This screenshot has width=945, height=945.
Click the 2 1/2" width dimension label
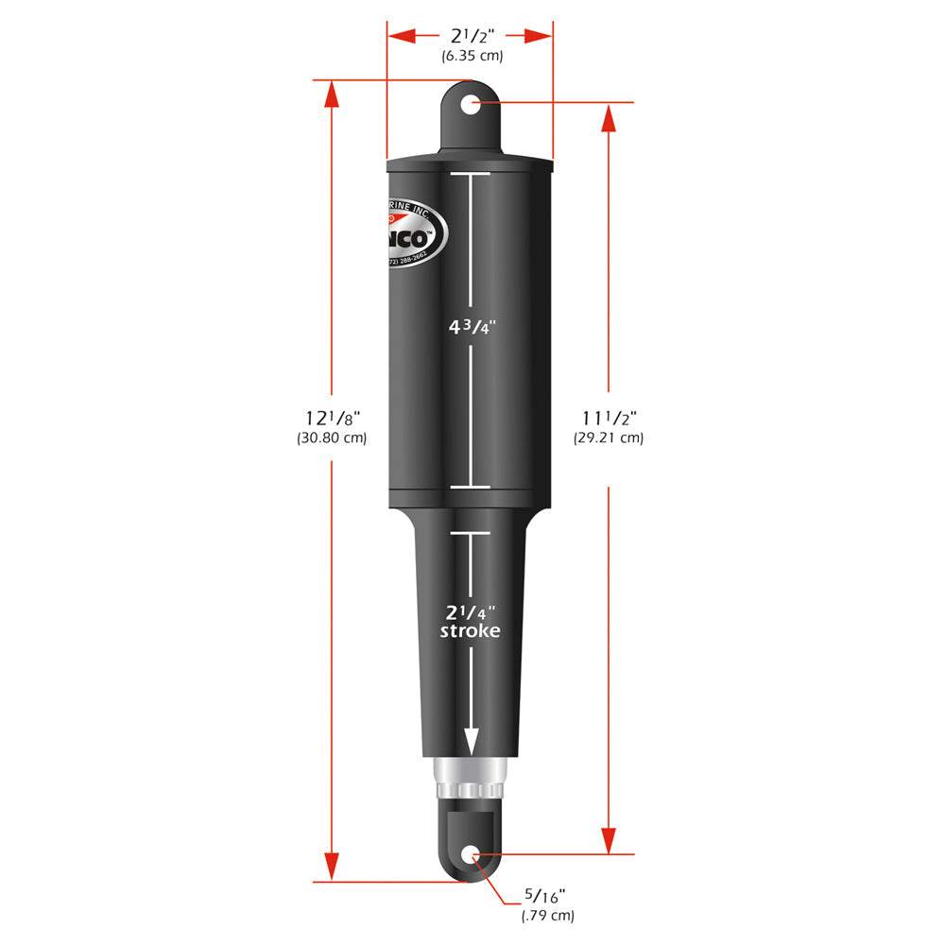click(470, 36)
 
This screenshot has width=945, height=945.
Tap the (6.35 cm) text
click(472, 56)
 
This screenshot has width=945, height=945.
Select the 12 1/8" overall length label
click(331, 417)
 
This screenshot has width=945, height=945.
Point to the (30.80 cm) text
click(331, 438)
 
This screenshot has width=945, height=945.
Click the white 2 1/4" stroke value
click(470, 610)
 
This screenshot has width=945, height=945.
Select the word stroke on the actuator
click(470, 631)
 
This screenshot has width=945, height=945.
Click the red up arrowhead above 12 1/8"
click(331, 94)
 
